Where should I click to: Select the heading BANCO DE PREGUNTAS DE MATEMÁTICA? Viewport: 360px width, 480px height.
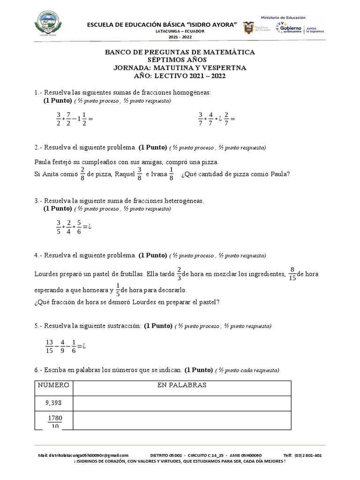pyautogui.click(x=180, y=52)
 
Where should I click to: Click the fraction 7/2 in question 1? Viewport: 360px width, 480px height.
pyautogui.click(x=69, y=119)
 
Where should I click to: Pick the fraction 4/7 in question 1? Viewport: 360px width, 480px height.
pyautogui.click(x=210, y=119)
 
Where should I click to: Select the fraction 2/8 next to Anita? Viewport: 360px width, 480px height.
pyautogui.click(x=82, y=174)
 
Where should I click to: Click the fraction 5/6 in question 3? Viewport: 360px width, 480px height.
pyautogui.click(x=79, y=227)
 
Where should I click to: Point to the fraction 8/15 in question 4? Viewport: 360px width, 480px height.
pyautogui.click(x=292, y=273)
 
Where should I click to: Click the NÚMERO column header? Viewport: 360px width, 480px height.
pyautogui.click(x=53, y=385)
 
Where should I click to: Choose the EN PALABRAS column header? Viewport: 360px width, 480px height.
pyautogui.click(x=182, y=385)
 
